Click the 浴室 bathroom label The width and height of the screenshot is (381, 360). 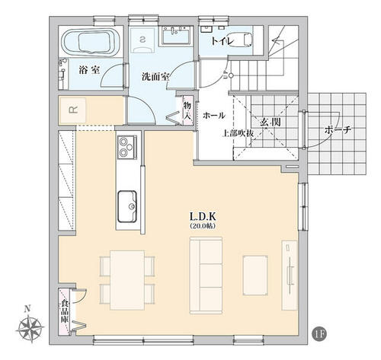[89, 70]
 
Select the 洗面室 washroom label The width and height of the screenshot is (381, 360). [155, 77]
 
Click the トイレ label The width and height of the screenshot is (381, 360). [222, 41]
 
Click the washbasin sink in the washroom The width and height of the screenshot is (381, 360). [176, 36]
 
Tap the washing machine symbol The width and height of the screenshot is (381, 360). [143, 40]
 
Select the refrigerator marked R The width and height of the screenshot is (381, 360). [73, 110]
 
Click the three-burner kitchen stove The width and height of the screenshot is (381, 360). [127, 147]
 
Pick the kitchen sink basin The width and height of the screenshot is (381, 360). [127, 206]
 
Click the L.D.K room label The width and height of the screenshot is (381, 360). [203, 216]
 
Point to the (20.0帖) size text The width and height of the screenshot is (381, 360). [203, 226]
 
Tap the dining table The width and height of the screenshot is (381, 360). [127, 280]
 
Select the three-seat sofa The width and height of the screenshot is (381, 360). [206, 276]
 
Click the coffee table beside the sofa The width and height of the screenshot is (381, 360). [255, 276]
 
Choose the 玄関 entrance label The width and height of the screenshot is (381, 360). [271, 123]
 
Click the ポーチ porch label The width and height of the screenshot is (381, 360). [338, 130]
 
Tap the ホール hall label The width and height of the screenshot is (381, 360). [214, 116]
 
